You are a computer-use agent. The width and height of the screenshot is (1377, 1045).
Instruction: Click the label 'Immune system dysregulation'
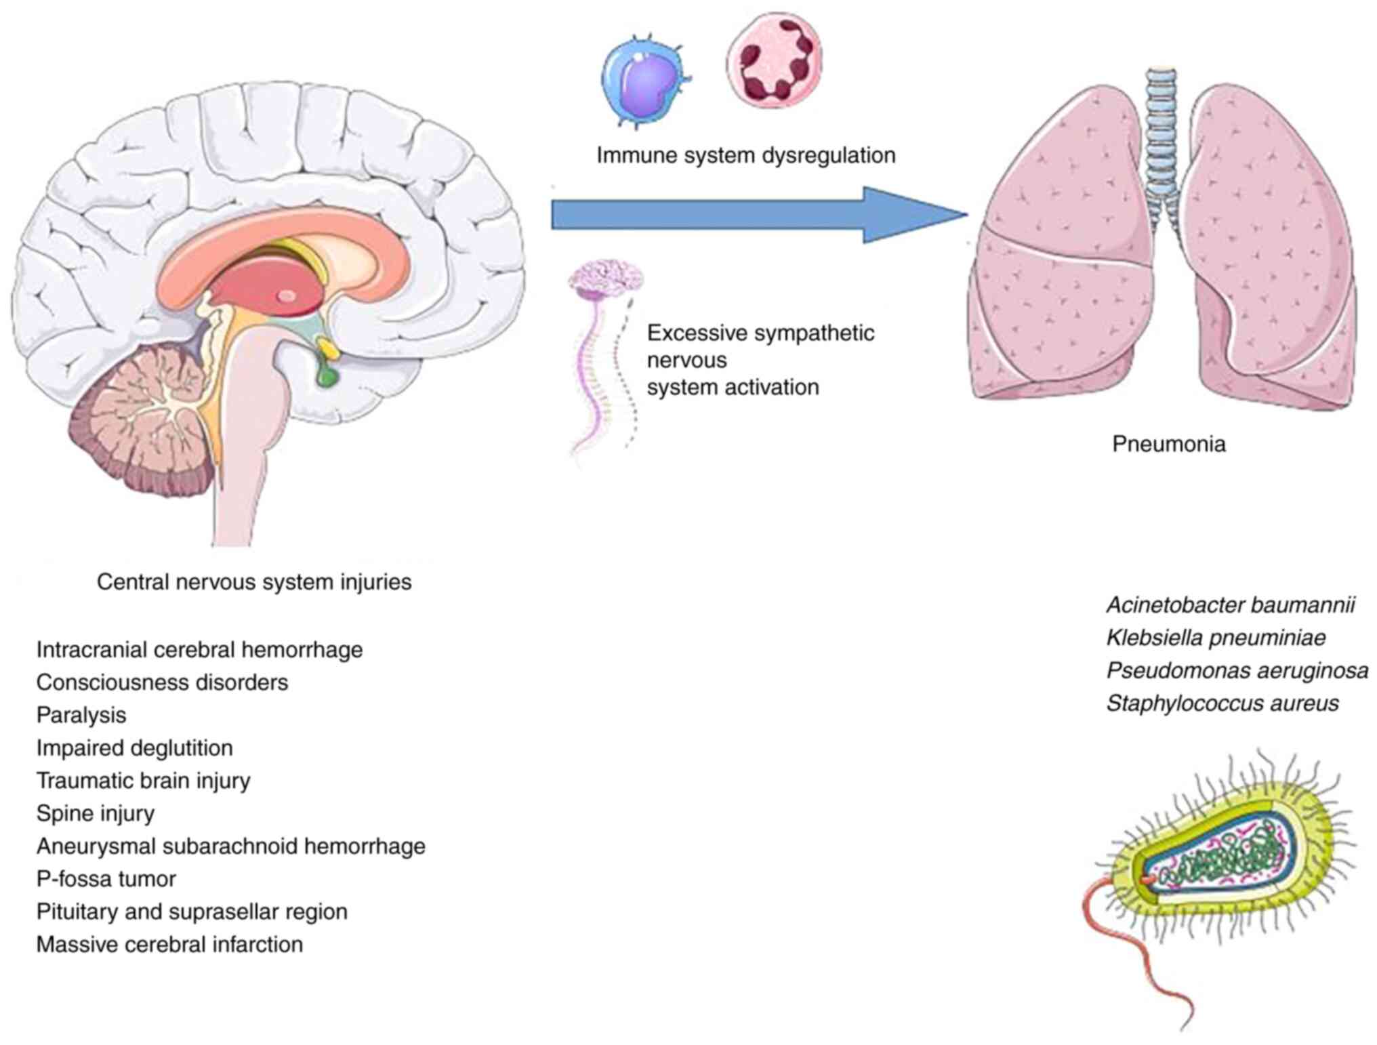pos(745,155)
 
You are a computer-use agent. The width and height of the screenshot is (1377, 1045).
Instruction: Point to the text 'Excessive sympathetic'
pos(760,333)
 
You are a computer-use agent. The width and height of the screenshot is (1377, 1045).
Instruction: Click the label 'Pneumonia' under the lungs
pos(1168,444)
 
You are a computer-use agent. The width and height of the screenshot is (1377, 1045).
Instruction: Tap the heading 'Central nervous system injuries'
pos(254,582)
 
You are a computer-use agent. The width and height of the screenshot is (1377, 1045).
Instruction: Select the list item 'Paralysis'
pos(81,715)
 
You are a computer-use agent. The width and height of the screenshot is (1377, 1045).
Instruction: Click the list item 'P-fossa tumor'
pos(106,879)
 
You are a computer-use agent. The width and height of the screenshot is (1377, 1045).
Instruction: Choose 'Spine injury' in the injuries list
pos(96,813)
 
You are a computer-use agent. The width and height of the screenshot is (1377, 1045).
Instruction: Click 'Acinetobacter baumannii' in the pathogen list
pos(1230,605)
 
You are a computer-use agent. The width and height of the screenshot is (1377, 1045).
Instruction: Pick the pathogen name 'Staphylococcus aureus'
pos(1222,703)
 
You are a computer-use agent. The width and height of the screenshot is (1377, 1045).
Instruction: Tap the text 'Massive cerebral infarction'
pos(169,944)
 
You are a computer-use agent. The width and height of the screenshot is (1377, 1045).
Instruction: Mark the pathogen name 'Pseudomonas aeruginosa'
pos(1237,671)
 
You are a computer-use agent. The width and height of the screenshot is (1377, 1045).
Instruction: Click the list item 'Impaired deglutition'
pos(134,748)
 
